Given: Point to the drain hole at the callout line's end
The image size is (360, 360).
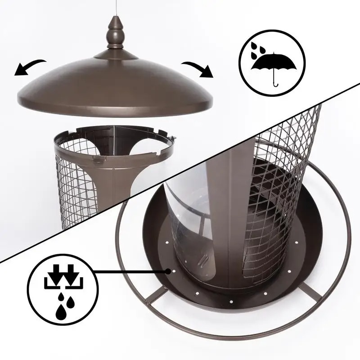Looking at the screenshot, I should pyautogui.click(x=168, y=271).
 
